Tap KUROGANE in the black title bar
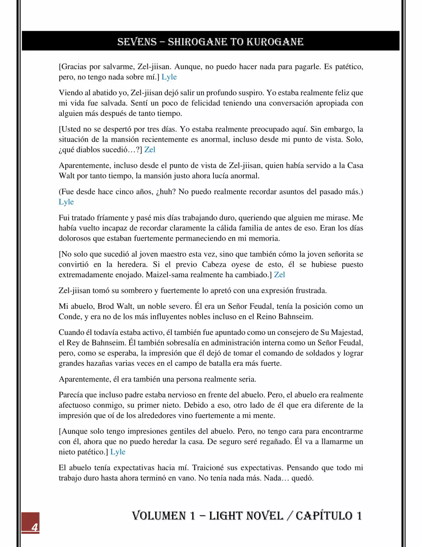point(275,42)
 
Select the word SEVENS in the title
point(137,42)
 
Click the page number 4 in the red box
point(34,527)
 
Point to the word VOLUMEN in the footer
point(159,516)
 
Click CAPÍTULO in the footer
point(324,516)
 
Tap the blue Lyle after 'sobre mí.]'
point(169,77)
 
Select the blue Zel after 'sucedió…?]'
point(150,150)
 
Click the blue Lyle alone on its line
point(66,202)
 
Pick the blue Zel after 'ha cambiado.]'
point(279,275)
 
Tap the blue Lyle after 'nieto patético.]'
point(118,452)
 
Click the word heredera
point(132,265)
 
